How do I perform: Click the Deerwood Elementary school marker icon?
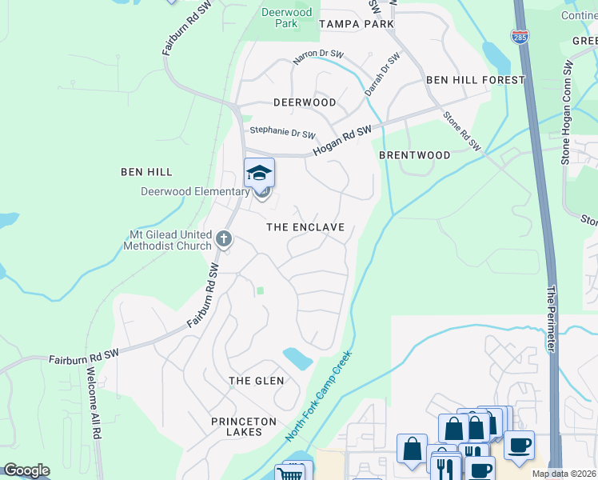[x=259, y=173]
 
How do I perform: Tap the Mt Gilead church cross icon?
[x=224, y=238]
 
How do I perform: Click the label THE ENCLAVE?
[x=305, y=227]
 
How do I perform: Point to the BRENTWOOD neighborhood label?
[x=414, y=155]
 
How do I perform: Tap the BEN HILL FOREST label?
[x=475, y=80]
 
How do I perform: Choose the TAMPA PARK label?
[x=357, y=24]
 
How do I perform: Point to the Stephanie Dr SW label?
[x=283, y=133]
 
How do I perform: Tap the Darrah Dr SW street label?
[x=382, y=75]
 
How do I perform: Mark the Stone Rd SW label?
[x=462, y=131]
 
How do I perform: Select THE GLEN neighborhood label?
[x=256, y=381]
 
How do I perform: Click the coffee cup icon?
[x=519, y=444]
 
